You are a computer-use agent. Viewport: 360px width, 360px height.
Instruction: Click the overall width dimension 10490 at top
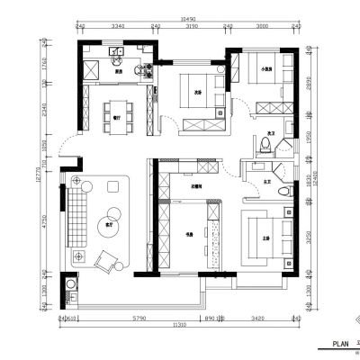tap(186, 17)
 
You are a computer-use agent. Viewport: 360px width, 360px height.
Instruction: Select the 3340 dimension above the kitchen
tap(116, 28)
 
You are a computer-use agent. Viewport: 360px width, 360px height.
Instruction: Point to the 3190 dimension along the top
tap(191, 28)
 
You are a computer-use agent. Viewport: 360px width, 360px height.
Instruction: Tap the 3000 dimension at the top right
tap(262, 28)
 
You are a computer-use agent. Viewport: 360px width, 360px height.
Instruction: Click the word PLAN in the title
tap(340, 344)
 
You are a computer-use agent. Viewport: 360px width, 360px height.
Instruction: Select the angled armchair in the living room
tap(108, 262)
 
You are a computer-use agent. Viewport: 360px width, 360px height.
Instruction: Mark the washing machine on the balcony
tap(70, 290)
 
